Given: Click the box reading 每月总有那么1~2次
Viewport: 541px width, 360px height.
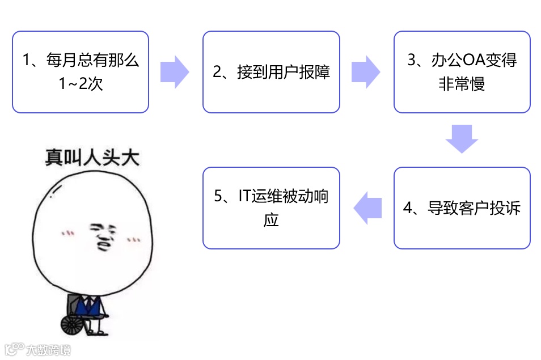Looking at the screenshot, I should point(81,72).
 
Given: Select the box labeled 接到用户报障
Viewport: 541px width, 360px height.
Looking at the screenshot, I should point(271,72).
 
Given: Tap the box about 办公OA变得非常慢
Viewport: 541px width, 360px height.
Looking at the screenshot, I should point(462,72).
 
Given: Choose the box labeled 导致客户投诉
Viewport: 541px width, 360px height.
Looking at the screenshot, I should point(462,208).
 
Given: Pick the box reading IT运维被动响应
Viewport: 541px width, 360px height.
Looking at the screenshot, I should point(271,208).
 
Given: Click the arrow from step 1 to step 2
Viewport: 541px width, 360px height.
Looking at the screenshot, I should point(175,72).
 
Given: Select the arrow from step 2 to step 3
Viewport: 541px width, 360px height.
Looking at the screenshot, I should point(366,72).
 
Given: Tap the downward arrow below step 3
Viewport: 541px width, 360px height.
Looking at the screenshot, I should point(462,139).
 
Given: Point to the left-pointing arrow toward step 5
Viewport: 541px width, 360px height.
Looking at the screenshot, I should point(368,208).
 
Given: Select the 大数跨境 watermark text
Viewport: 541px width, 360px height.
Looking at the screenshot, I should point(48,349).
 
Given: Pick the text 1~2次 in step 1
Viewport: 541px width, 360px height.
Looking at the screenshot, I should point(81,84).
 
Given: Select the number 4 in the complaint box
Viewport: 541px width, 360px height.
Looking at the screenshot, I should point(407,208).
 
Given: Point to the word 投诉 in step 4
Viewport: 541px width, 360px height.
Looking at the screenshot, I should point(506,208).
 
